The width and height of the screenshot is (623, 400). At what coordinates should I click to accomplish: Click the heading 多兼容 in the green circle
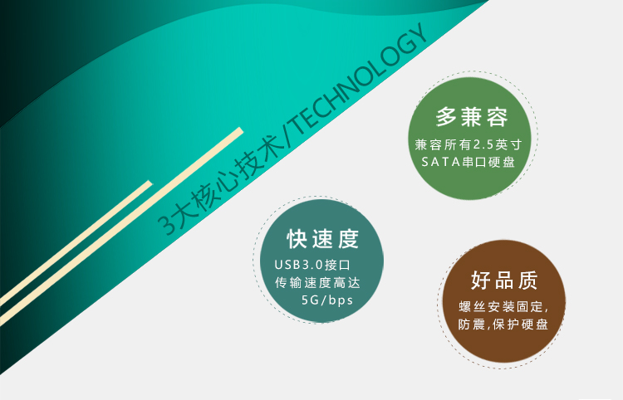[472, 117]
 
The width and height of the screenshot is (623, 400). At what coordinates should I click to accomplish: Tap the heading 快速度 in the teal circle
[323, 239]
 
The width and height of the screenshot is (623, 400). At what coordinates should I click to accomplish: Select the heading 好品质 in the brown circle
[504, 280]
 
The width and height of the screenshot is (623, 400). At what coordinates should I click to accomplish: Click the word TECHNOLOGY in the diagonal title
[361, 80]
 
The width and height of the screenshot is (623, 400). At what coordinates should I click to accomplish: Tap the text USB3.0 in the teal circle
[298, 265]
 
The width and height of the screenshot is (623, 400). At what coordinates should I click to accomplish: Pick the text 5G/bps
[327, 300]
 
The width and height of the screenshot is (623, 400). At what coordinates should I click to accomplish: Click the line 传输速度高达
[317, 282]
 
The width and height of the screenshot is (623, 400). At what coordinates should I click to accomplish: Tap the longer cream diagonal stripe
[120, 226]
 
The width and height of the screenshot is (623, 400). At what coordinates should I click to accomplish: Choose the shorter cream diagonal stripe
[76, 243]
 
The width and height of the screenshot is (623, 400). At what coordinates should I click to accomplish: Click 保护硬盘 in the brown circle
[521, 324]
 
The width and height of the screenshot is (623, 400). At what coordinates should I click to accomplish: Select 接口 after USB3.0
[337, 265]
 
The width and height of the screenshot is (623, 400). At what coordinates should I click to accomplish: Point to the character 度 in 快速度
[349, 239]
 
